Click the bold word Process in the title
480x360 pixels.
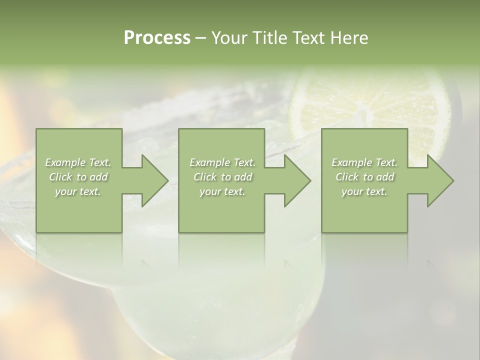(157, 38)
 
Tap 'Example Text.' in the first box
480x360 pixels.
(78, 162)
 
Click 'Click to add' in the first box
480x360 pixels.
(78, 177)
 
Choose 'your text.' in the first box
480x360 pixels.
(78, 191)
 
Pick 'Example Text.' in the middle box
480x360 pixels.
(222, 162)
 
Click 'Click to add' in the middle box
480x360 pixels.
(222, 177)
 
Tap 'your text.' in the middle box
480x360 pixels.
(222, 191)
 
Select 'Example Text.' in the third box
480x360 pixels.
(364, 162)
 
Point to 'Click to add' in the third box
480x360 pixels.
(364, 177)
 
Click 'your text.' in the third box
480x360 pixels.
(364, 191)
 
